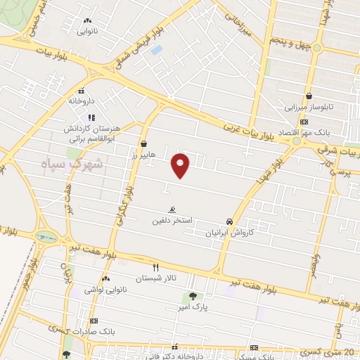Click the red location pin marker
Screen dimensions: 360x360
coord(181,165)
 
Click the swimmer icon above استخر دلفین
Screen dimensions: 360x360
coord(172,210)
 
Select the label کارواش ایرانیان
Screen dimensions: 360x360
coord(229,232)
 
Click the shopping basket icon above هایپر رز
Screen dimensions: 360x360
coord(144,143)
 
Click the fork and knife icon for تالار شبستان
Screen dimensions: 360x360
coord(156,267)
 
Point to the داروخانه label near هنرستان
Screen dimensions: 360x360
coord(82,101)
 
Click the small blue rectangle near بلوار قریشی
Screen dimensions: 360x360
coord(156,50)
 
